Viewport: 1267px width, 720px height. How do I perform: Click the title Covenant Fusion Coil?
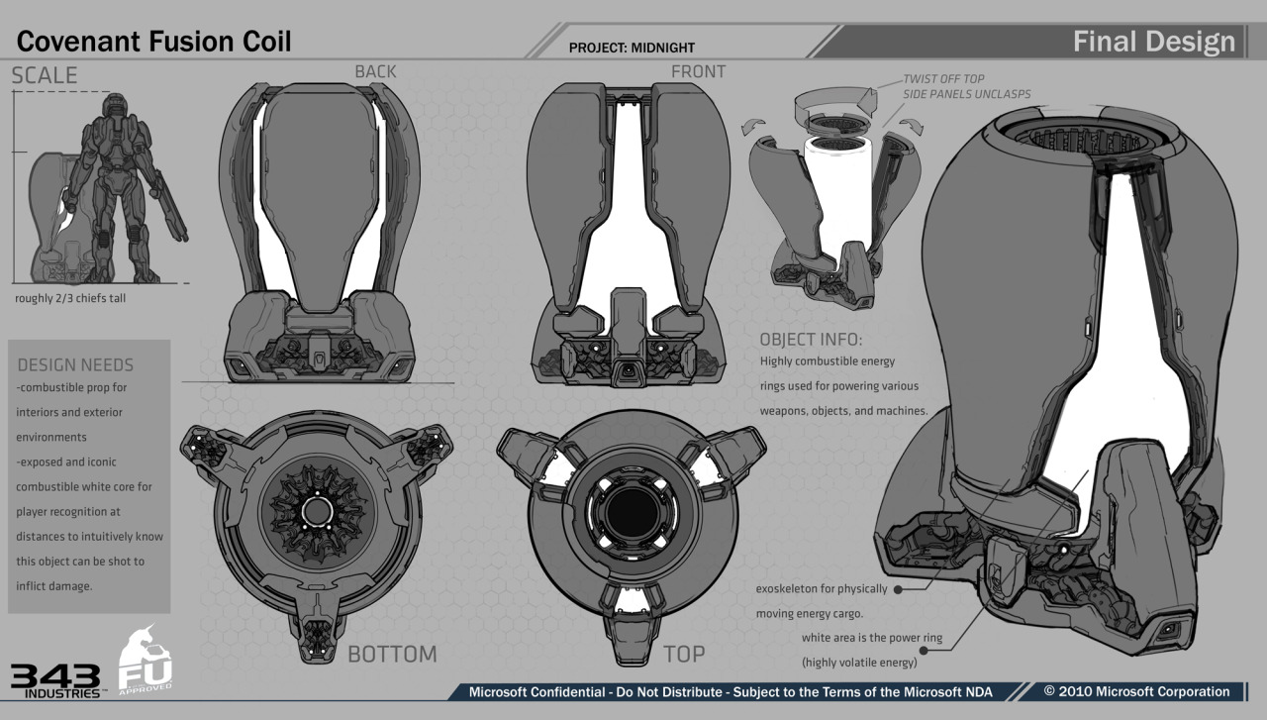(154, 42)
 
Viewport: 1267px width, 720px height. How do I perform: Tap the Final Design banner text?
(1154, 42)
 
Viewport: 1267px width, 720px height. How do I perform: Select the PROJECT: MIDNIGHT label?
(632, 47)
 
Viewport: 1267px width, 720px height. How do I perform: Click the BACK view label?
(375, 71)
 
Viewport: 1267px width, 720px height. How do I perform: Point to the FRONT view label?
(698, 71)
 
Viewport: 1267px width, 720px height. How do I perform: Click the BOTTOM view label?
(392, 654)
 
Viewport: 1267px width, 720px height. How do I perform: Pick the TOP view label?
(684, 654)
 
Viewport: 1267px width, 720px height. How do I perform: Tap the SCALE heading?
(45, 76)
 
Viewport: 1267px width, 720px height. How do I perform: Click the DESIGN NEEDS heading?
(75, 364)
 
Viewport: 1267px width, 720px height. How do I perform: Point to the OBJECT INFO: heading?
(811, 339)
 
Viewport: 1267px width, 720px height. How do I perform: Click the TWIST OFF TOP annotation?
(943, 79)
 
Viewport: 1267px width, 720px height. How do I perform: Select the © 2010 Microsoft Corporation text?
(1136, 691)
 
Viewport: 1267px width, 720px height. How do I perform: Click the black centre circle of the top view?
(626, 511)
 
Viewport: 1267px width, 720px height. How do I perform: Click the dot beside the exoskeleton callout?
(899, 588)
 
